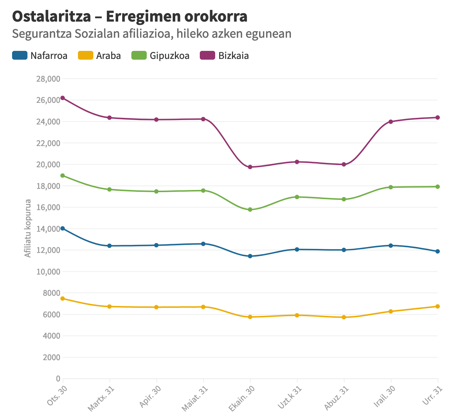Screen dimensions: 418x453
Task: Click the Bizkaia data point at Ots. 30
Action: coord(63,98)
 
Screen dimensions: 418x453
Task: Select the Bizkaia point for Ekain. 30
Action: coord(250,167)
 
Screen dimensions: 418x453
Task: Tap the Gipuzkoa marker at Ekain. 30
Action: coord(250,210)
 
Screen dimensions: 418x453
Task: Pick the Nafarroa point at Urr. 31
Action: coord(438,251)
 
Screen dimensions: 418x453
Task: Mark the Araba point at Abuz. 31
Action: coord(344,317)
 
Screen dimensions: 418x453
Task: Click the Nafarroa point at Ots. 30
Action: coord(63,228)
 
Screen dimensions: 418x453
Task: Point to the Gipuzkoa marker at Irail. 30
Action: coord(391,187)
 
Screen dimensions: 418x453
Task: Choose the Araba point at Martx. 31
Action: coord(109,306)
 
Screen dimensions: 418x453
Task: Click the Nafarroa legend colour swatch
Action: coord(20,56)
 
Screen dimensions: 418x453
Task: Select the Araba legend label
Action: coord(108,56)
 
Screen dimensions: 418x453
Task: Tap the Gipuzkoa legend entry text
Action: coord(169,56)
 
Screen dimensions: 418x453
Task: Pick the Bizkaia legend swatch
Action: coord(207,56)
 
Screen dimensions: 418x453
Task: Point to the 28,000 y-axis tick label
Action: coord(48,79)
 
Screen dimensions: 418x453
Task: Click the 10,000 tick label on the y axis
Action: coord(48,272)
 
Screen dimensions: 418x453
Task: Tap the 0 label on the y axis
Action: coord(58,378)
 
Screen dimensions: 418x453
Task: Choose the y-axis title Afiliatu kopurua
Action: coord(28,228)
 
